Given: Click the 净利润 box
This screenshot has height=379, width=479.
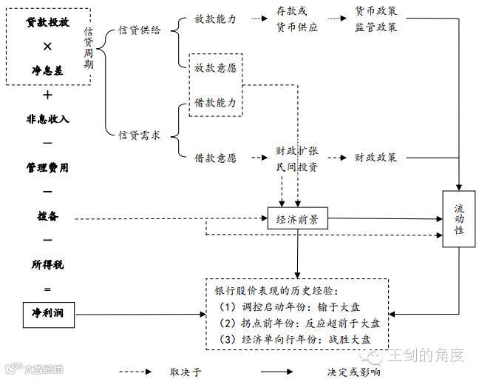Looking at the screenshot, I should pyautogui.click(x=48, y=314).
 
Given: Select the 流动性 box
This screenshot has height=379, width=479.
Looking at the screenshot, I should pyautogui.click(x=459, y=219).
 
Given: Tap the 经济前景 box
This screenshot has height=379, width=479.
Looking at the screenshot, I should pyautogui.click(x=297, y=219).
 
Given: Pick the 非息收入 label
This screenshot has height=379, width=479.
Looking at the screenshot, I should pyautogui.click(x=48, y=118).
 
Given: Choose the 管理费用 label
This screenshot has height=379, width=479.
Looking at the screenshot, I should pyautogui.click(x=48, y=167).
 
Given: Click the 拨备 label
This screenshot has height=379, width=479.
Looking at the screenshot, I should pyautogui.click(x=48, y=217).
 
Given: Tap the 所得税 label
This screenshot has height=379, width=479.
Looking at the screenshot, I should pyautogui.click(x=48, y=265).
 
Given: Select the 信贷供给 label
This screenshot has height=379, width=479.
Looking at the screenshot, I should pyautogui.click(x=139, y=30).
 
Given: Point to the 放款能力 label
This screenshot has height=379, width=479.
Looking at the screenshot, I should pyautogui.click(x=215, y=18).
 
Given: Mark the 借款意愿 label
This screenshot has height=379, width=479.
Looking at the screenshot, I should pyautogui.click(x=215, y=158).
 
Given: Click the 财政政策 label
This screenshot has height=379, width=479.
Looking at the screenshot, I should pyautogui.click(x=376, y=158).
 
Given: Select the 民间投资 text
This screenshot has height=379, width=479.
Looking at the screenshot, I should pyautogui.click(x=297, y=167).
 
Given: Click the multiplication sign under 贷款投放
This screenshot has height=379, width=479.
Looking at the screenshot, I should pyautogui.click(x=48, y=47).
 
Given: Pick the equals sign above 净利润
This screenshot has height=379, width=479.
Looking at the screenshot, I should pyautogui.click(x=48, y=289).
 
